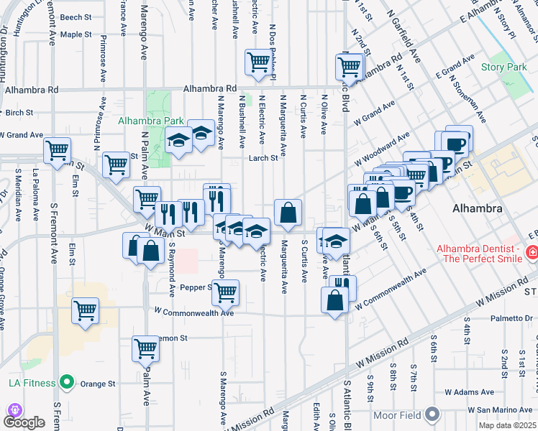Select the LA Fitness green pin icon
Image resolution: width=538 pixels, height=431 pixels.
point(67,381)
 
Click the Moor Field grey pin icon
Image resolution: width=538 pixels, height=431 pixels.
point(432,414)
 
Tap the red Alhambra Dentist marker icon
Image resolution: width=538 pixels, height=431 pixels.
point(531,252)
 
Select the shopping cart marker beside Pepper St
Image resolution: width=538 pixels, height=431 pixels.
point(226,292)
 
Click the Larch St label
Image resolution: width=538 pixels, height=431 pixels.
point(263,159)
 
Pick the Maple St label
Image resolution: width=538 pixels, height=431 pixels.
point(76,34)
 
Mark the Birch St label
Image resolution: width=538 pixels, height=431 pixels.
point(19,113)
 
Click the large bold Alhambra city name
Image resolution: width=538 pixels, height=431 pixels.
point(477,208)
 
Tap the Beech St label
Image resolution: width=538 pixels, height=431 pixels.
point(76,17)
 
